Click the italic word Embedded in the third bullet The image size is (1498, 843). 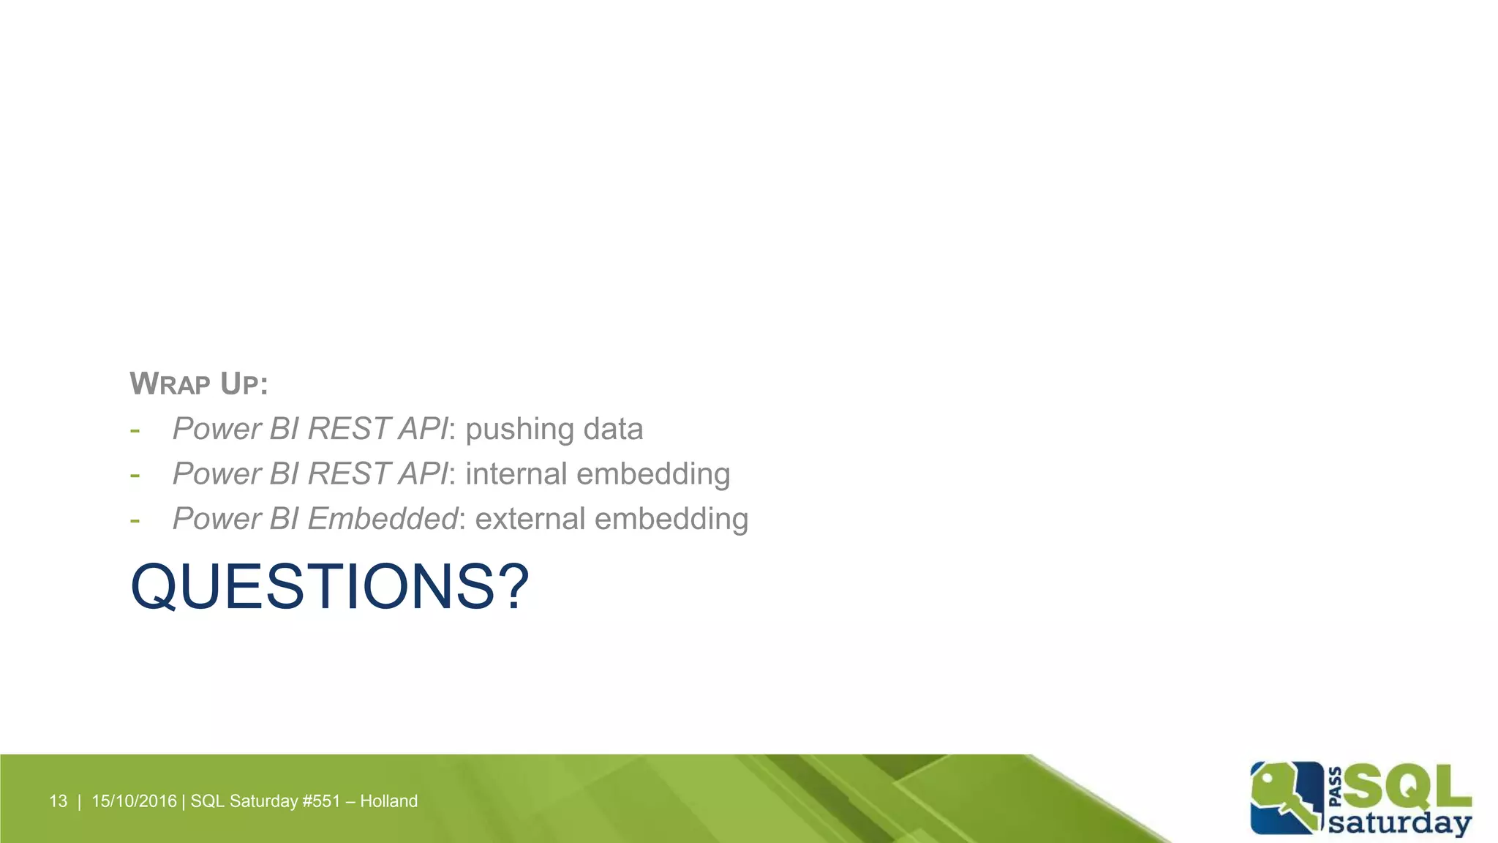coord(382,519)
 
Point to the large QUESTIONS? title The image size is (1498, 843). coord(329,587)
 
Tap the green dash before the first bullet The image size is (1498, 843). coord(135,430)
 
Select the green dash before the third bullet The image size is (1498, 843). coord(135,520)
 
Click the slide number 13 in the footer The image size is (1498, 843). coord(58,801)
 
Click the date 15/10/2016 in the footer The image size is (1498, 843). coord(134,801)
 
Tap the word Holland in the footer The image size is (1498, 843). coord(388,801)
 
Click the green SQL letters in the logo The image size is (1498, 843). coord(1406,787)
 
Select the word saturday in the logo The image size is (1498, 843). coord(1399,823)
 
